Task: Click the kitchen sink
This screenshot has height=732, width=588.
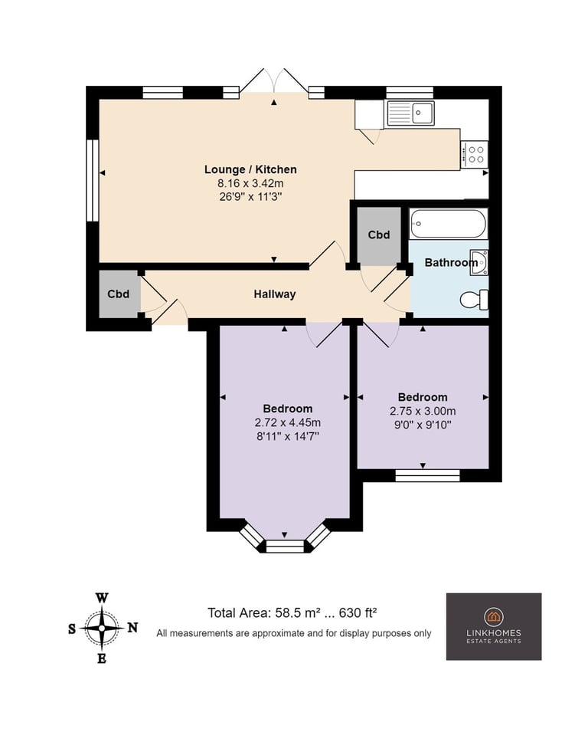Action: tap(410, 113)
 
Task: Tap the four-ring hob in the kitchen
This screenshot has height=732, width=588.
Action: tap(474, 155)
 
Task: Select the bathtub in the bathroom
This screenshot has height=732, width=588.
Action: tap(448, 224)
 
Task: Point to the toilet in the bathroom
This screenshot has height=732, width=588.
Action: tap(474, 300)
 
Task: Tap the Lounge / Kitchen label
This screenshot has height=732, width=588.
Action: tap(250, 169)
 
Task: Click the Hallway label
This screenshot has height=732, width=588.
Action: tap(275, 294)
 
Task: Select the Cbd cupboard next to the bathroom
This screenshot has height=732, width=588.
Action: tap(379, 235)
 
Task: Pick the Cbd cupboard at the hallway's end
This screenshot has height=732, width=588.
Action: tap(119, 294)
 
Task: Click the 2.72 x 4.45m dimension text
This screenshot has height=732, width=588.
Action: tap(287, 423)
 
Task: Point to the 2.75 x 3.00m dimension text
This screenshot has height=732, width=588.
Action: tap(423, 412)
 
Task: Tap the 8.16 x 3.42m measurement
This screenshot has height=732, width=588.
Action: tap(250, 183)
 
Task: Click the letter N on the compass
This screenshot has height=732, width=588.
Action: tap(132, 628)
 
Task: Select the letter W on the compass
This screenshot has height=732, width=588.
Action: tap(102, 598)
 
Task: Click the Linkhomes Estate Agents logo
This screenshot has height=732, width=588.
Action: tap(494, 626)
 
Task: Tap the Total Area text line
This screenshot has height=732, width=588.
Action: tap(292, 613)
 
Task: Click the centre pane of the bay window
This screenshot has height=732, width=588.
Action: tap(285, 547)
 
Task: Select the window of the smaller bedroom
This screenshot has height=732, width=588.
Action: tap(427, 475)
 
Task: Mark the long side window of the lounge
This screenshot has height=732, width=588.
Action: tap(93, 180)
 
